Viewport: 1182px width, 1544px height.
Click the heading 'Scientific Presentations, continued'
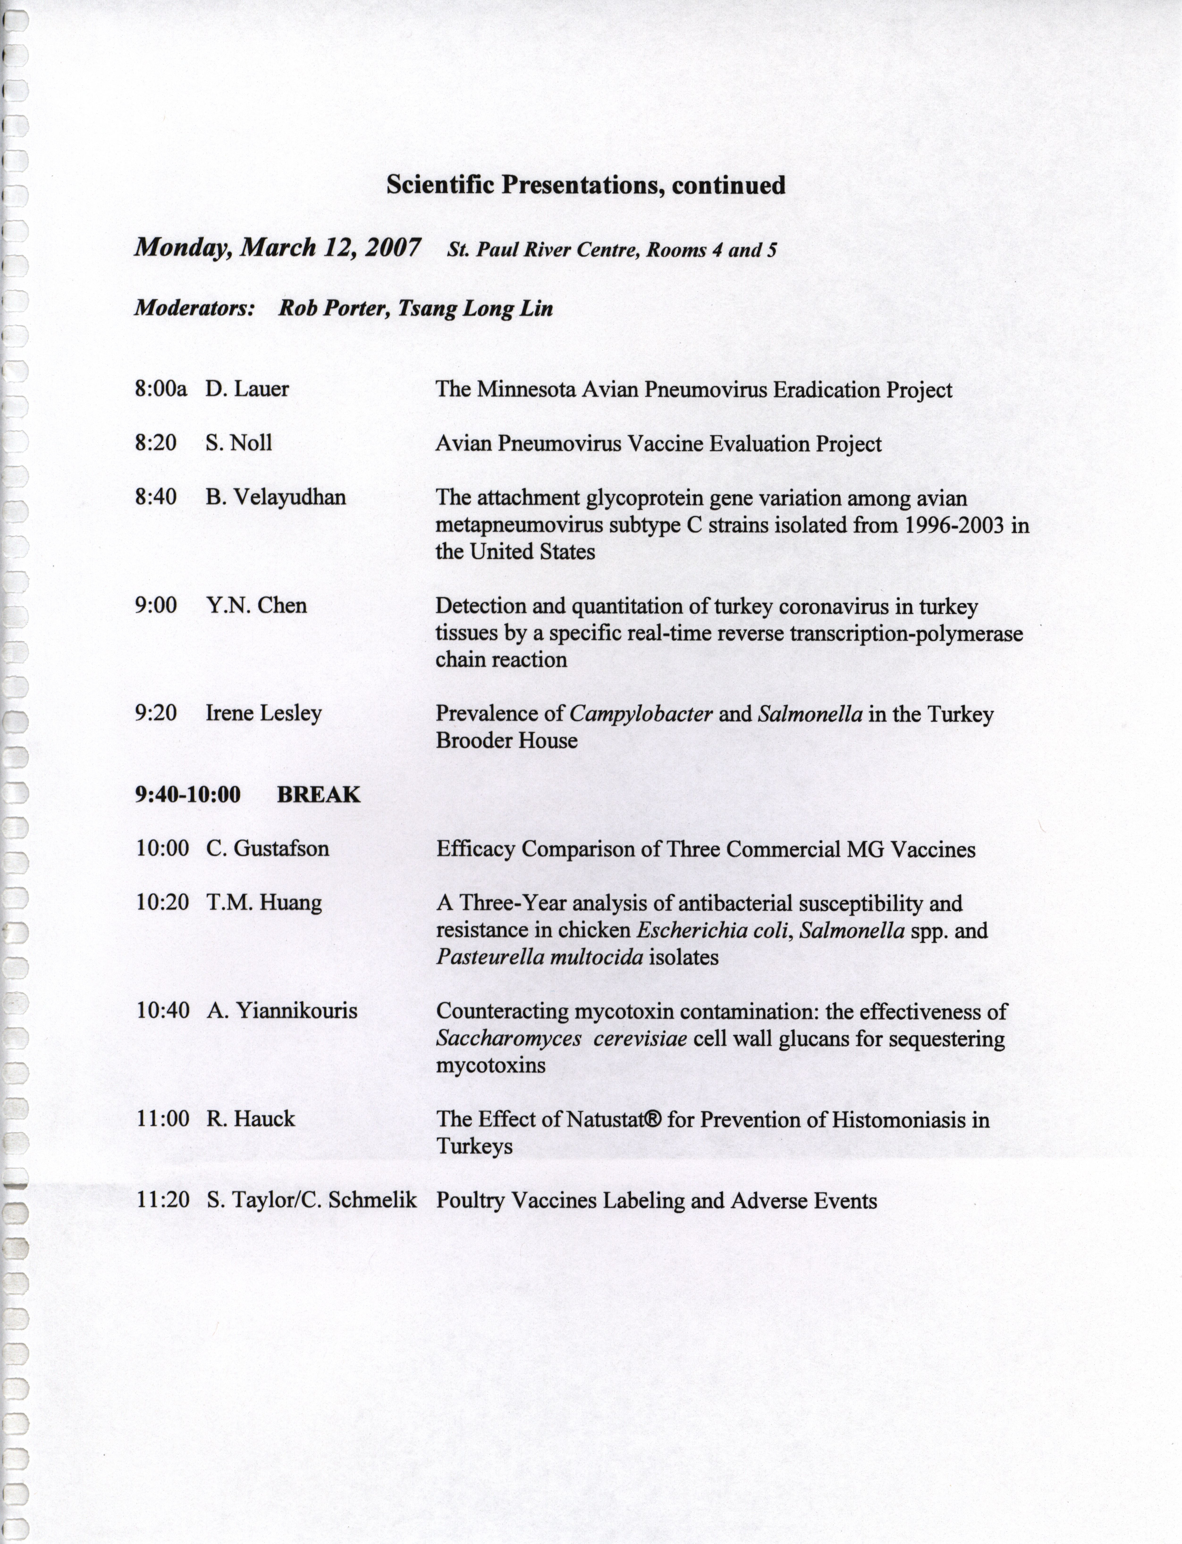(585, 185)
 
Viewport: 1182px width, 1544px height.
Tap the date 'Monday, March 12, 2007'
(278, 248)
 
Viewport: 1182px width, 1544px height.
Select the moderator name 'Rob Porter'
(333, 308)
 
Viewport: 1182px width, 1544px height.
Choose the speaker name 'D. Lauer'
(247, 389)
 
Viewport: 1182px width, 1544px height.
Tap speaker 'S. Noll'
(239, 443)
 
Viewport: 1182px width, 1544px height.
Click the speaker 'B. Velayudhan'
(276, 497)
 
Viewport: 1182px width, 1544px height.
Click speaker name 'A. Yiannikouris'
(281, 1011)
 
